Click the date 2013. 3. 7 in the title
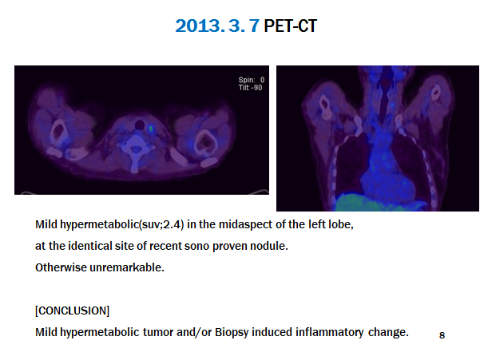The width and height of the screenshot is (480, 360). coord(217,26)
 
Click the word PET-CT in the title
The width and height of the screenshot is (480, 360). coord(290,26)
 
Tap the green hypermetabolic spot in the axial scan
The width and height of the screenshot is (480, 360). coord(151,129)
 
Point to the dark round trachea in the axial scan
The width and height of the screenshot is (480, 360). coord(140,125)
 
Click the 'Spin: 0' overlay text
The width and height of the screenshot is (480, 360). coord(252,80)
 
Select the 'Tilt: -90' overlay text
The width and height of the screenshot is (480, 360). coord(251,88)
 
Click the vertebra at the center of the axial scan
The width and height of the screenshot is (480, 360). coord(136,150)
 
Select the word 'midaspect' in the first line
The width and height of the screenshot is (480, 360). coord(245,224)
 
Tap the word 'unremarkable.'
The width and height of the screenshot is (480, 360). coord(127,267)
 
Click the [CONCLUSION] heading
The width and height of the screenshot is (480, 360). coord(72,311)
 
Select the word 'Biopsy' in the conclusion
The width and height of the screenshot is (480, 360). coord(232,332)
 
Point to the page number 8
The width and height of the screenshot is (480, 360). coord(442,335)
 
